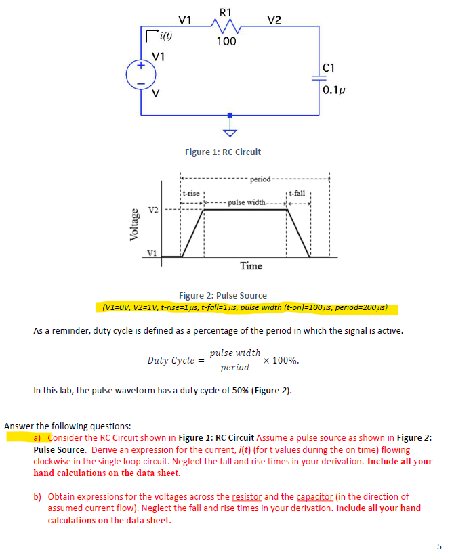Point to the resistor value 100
226,42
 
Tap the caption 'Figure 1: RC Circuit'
223,152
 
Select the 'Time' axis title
251,266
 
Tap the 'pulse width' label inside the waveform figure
247,202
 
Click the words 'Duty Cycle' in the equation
170,360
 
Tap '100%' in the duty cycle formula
285,360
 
